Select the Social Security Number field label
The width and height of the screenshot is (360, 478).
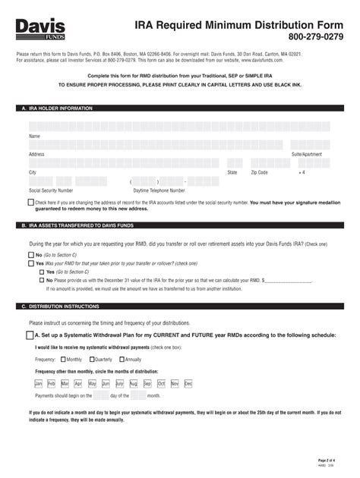[x=51, y=190]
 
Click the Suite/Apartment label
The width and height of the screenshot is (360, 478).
[x=308, y=154]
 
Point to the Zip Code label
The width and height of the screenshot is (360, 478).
[x=259, y=172]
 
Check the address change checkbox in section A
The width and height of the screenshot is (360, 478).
[x=30, y=203]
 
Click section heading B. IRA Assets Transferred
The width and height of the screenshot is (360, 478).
[x=75, y=226]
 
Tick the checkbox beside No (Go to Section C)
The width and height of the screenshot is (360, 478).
[x=30, y=256]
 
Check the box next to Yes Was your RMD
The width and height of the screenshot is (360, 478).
[x=30, y=263]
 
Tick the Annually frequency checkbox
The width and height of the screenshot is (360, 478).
[x=122, y=359]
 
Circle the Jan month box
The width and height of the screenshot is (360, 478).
[x=39, y=384]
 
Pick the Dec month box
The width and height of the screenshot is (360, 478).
[x=188, y=384]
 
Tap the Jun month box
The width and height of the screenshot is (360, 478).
[x=106, y=384]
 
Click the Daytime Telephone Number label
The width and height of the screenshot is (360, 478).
[x=159, y=190]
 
